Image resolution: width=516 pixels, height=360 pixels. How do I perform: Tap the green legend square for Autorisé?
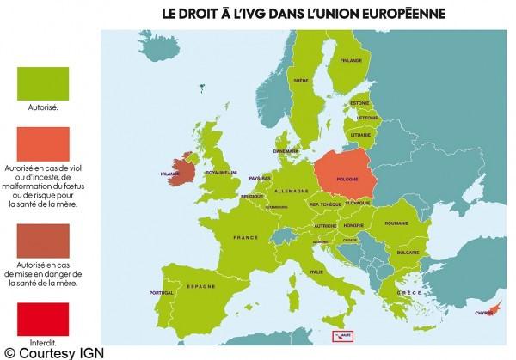pyautogui.click(x=43, y=84)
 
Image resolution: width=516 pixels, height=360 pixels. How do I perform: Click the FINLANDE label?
pyautogui.click(x=350, y=60)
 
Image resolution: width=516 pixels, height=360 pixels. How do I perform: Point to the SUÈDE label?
pyautogui.click(x=301, y=80)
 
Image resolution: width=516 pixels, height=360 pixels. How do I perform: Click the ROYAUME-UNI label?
pyautogui.click(x=220, y=171)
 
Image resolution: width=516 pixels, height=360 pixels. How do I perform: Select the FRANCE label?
pyautogui.click(x=246, y=237)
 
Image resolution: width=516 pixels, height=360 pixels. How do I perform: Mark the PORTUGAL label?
pyautogui.click(x=162, y=293)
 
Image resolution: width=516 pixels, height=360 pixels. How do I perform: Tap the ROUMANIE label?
pyautogui.click(x=395, y=223)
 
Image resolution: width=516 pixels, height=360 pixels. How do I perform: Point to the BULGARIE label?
pyautogui.click(x=407, y=253)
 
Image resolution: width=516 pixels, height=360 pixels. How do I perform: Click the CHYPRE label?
pyautogui.click(x=486, y=313)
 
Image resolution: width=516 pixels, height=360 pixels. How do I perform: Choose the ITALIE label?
pyautogui.click(x=316, y=272)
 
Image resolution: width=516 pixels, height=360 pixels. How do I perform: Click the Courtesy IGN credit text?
pyautogui.click(x=51, y=351)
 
